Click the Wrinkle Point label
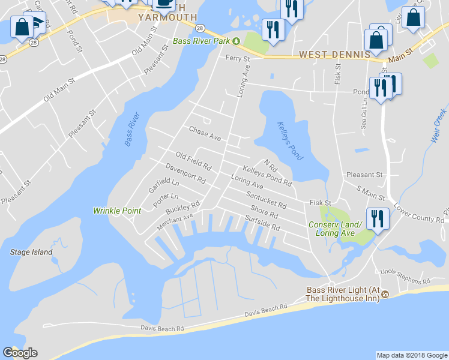tap(117, 211)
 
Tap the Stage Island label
tap(31, 253)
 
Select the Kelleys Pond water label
tap(290, 141)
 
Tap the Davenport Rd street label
tap(185, 173)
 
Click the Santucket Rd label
tap(266, 200)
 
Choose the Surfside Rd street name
tap(263, 224)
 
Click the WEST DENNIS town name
tap(334, 55)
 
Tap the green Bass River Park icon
tap(237, 41)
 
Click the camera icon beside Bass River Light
tap(385, 295)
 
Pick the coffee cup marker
tap(164, 2)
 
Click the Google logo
tap(20, 353)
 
